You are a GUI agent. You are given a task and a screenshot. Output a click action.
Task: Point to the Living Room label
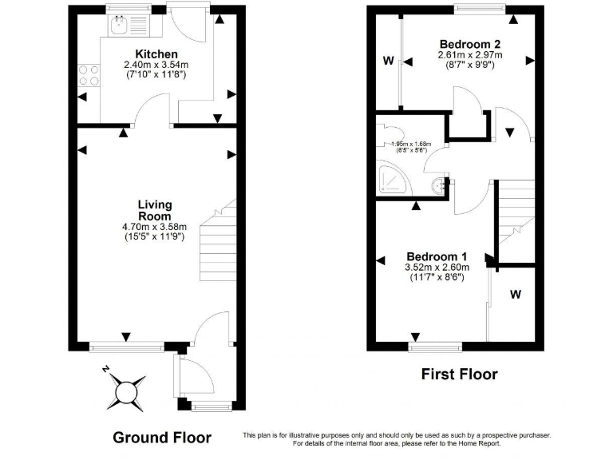[154, 211]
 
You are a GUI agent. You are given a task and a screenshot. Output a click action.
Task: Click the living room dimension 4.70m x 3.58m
[154, 227]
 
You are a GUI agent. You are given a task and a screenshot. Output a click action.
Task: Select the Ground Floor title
[162, 437]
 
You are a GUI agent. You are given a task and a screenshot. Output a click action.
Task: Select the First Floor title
[459, 374]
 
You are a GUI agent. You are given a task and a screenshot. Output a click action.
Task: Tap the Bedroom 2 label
[469, 43]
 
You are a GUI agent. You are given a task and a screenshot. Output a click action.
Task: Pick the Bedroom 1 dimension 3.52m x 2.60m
[437, 267]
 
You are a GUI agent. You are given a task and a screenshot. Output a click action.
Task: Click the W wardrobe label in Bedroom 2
[388, 61]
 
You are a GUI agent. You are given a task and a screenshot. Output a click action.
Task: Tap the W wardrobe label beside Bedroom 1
[516, 295]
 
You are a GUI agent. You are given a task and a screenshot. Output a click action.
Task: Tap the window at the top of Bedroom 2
[480, 9]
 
